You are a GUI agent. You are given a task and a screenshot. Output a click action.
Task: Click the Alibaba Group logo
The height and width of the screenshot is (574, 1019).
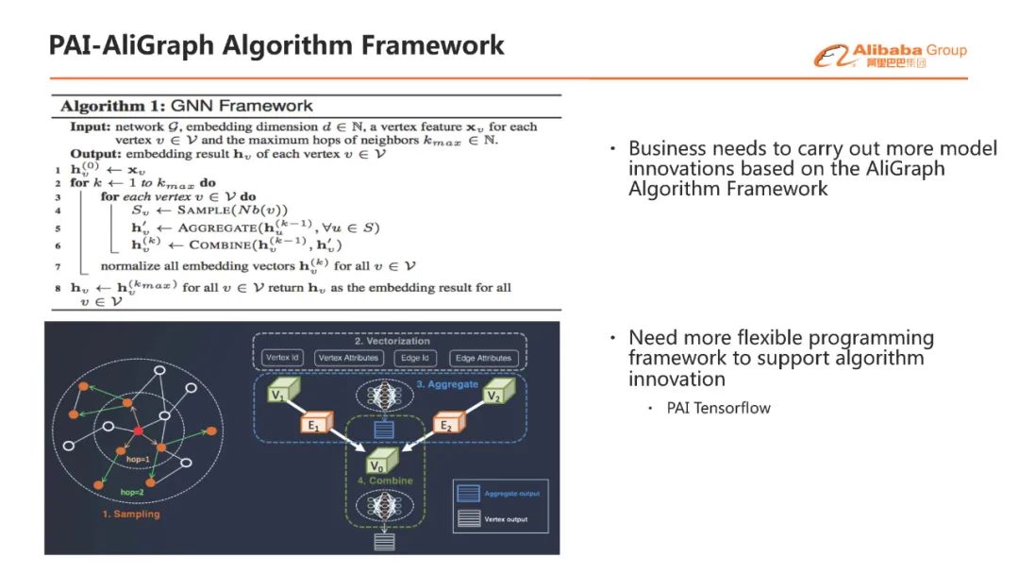[x=891, y=56]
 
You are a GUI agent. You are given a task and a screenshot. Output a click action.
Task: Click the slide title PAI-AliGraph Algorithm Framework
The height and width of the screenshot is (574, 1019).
[x=276, y=45]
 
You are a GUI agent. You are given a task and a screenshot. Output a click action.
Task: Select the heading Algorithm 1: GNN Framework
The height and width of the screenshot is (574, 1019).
[x=187, y=106]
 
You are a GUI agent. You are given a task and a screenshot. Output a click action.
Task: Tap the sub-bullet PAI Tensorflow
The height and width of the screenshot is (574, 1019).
[x=718, y=408]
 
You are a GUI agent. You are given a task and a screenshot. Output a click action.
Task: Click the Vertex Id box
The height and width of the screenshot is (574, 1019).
[x=283, y=358]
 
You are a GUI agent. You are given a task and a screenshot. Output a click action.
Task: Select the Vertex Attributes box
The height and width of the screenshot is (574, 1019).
[x=349, y=358]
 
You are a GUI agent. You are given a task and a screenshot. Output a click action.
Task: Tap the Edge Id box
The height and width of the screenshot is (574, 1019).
[x=415, y=358]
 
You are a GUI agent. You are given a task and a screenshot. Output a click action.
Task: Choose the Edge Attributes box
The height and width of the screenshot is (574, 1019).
[x=484, y=358]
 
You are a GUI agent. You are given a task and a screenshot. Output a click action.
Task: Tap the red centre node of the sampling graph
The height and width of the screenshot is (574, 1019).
[x=138, y=430]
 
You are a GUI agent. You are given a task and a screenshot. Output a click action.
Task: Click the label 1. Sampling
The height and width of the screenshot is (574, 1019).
[x=131, y=515]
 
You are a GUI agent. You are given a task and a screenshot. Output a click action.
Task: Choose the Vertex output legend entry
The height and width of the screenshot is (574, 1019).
[x=506, y=519]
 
